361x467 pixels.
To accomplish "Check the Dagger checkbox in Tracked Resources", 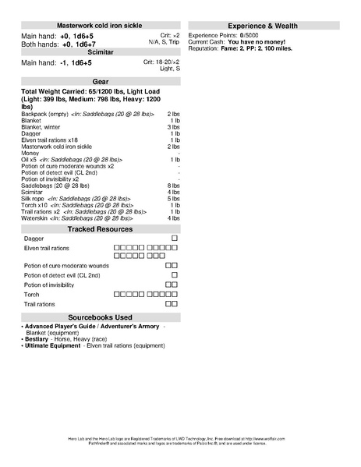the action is [x=174, y=238].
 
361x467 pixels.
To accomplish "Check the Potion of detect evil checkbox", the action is [x=174, y=275].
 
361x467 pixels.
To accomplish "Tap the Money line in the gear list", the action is [x=30, y=153].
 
